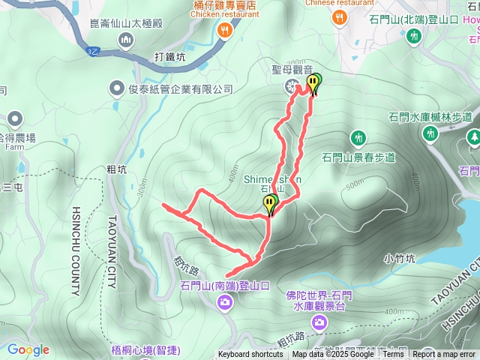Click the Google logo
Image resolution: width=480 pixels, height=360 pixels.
(x=28, y=349)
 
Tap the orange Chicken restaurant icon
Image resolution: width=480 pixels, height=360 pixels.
(x=224, y=30)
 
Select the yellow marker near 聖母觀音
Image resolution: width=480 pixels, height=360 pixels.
(x=314, y=83)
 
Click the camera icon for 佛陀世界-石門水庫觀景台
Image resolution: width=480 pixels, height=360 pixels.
(x=320, y=322)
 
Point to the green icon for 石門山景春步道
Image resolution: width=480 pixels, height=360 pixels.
(x=358, y=138)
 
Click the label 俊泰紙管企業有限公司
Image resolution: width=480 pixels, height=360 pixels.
(x=181, y=89)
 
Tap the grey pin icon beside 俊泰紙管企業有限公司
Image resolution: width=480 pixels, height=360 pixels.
(x=116, y=89)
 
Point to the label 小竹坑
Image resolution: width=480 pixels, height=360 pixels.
(x=398, y=259)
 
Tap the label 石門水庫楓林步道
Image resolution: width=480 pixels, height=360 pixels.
(x=430, y=116)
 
